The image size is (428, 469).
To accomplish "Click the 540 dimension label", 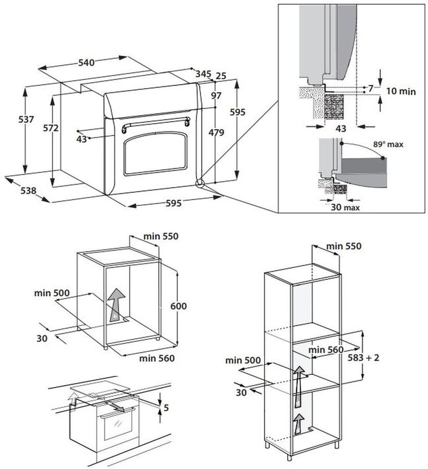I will [x=86, y=63].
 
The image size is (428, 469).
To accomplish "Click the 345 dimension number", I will [x=204, y=74].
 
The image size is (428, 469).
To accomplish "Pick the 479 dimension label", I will [x=216, y=132].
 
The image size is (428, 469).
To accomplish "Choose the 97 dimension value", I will [x=217, y=95].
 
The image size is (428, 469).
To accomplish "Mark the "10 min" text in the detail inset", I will [x=401, y=91].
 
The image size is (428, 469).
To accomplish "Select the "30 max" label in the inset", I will [x=345, y=207].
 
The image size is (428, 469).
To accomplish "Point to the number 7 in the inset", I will [x=371, y=89].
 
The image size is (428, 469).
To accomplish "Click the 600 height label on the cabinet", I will [x=179, y=306].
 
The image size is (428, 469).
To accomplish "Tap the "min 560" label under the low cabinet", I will [x=157, y=358].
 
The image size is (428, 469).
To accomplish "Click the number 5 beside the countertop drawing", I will [x=166, y=407].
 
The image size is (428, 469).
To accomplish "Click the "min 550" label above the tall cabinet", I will [x=343, y=246].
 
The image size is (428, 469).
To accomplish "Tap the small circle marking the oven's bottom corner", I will [x=199, y=183].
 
